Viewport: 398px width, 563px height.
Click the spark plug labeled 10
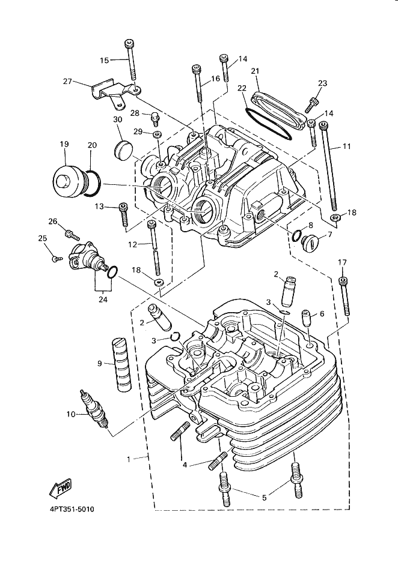point(95,411)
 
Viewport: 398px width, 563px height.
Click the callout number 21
point(255,72)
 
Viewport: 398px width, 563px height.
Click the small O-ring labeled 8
point(297,235)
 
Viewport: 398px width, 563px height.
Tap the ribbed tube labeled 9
point(120,364)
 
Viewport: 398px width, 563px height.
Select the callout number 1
point(128,459)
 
